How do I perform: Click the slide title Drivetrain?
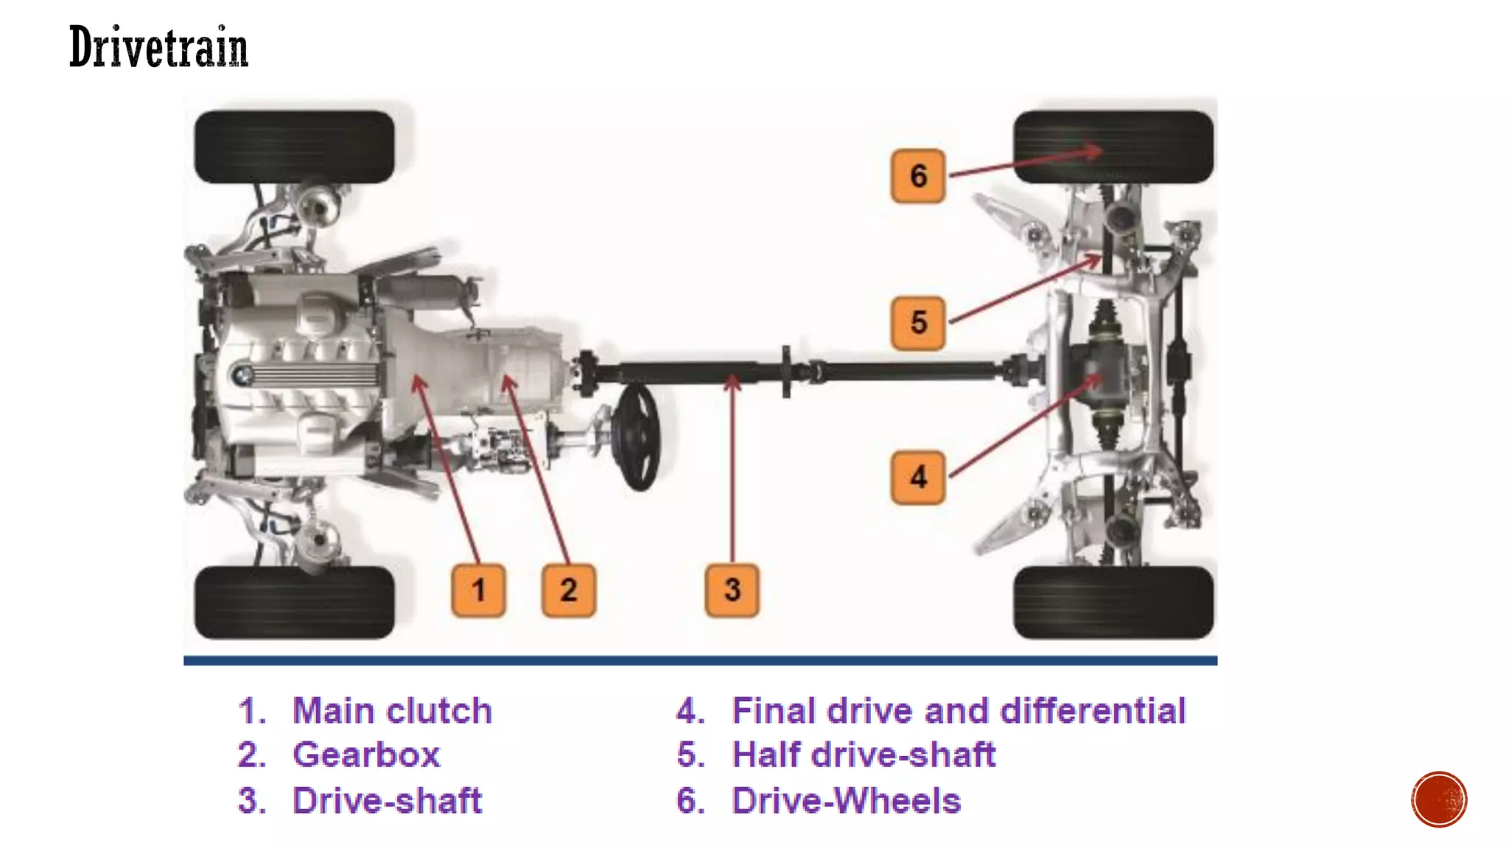(158, 47)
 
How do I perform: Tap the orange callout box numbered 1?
(478, 590)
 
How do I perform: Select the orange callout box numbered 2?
(568, 590)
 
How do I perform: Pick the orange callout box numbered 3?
(732, 590)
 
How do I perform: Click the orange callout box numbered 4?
(917, 477)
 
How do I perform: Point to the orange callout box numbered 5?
(917, 323)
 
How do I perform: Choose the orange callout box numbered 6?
(917, 175)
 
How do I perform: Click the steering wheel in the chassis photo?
(638, 437)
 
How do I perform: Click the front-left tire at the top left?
(294, 147)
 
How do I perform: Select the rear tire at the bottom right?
(1113, 602)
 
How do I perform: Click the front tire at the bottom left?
(294, 602)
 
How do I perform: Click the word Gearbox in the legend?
(366, 755)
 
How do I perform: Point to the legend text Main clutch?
(392, 710)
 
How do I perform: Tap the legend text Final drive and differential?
(959, 710)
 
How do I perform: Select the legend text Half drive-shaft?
(864, 755)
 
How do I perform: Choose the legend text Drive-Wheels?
(847, 800)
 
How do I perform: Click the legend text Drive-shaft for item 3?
(387, 800)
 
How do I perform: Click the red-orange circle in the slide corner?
(1439, 800)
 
